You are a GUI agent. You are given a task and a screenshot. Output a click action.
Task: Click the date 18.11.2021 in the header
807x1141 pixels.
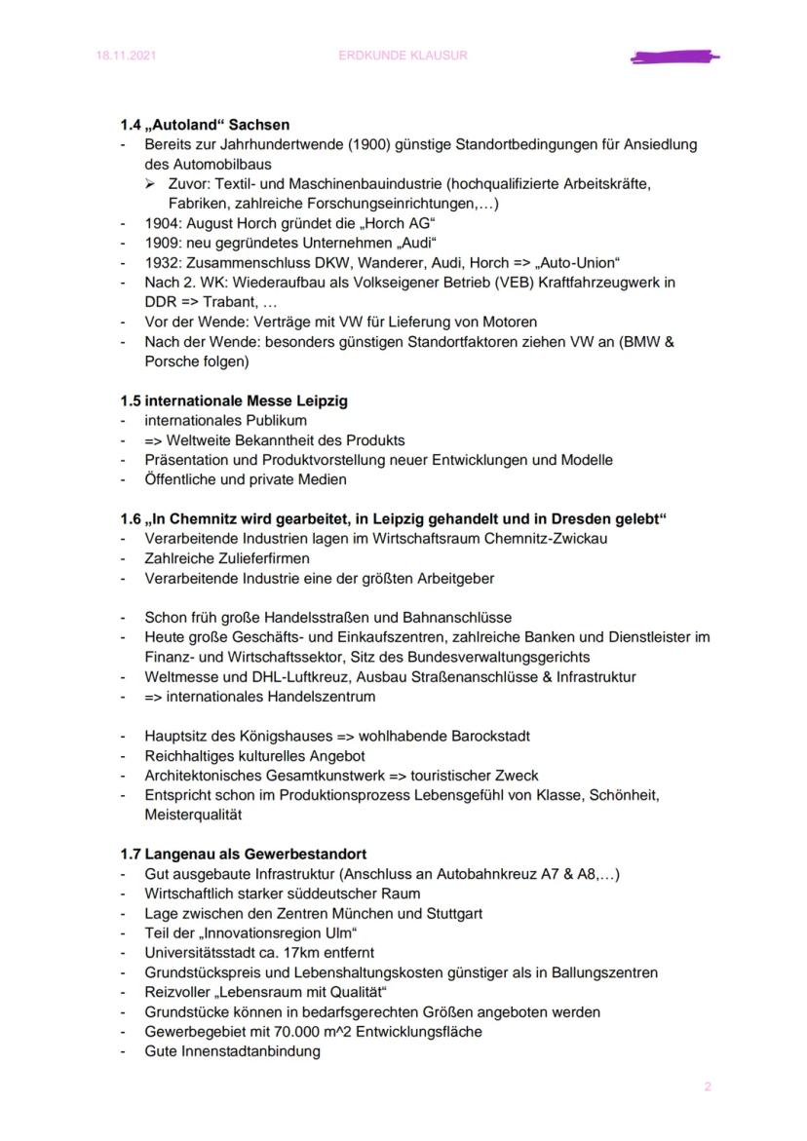point(126,56)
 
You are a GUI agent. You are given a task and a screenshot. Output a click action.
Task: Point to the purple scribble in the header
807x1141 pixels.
point(674,57)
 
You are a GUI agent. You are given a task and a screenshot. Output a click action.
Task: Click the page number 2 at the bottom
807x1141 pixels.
point(708,1086)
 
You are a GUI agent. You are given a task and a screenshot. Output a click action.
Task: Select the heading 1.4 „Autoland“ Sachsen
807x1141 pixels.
point(205,125)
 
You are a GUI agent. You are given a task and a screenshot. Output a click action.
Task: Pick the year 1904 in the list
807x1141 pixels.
point(161,223)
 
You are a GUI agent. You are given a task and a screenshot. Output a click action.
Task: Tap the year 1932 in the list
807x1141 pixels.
point(161,262)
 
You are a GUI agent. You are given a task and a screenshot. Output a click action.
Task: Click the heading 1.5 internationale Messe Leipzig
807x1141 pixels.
point(234,400)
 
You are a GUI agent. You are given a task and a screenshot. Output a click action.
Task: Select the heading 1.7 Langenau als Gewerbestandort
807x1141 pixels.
point(243,854)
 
